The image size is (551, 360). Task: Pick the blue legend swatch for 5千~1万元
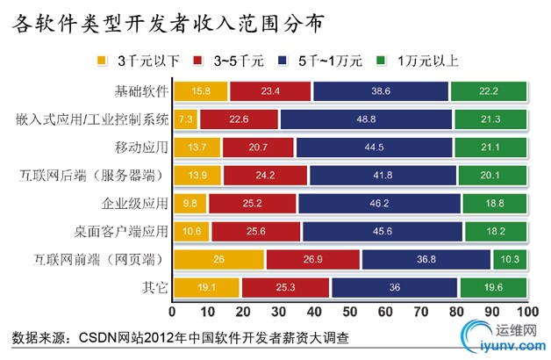(x=282, y=61)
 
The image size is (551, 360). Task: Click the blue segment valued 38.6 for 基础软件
(x=380, y=90)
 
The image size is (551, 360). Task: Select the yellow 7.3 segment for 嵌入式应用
(x=186, y=119)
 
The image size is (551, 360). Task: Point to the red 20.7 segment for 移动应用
(x=258, y=147)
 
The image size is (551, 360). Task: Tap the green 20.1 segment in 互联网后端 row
(x=491, y=176)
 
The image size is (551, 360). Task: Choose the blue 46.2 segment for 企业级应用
(x=379, y=204)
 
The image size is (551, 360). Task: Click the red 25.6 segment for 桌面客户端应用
(x=256, y=232)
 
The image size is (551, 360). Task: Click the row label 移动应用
(x=140, y=147)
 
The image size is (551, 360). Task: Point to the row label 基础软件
(x=140, y=90)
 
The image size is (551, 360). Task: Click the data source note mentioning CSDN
(x=182, y=337)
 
